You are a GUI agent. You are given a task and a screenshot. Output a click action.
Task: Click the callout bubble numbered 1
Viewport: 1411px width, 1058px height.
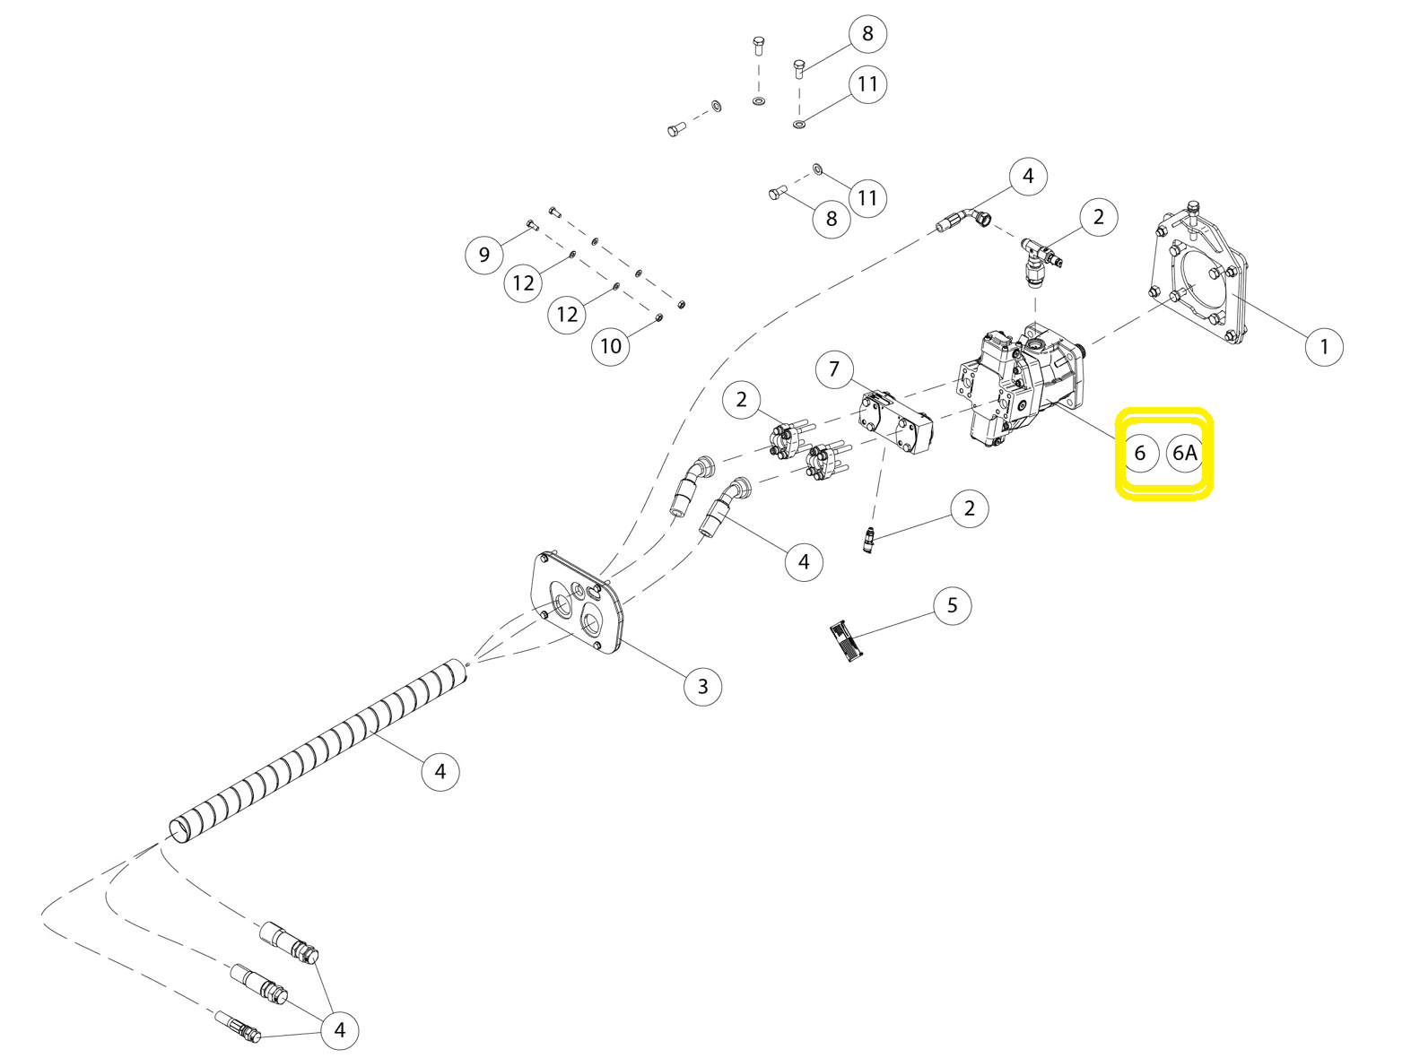pos(1324,347)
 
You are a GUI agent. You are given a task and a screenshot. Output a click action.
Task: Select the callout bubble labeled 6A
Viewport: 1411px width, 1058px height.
pos(1184,453)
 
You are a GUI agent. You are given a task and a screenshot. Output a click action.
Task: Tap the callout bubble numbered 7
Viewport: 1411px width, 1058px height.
pos(833,369)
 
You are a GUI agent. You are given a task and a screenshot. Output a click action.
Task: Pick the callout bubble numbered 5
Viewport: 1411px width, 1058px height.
pos(952,605)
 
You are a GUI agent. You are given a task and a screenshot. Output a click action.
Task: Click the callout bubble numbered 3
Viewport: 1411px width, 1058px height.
pos(702,687)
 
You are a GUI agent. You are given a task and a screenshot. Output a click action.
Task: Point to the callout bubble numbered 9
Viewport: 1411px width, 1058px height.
pos(484,255)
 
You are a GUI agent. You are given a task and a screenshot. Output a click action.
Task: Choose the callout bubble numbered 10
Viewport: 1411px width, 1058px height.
pos(610,346)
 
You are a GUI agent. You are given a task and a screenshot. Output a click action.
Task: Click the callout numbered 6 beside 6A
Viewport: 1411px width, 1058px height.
pos(1140,453)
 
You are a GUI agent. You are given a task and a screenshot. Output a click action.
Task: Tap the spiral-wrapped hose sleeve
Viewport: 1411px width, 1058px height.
pos(318,751)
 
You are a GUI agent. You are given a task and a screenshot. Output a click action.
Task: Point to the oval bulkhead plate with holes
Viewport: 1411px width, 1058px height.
pos(578,602)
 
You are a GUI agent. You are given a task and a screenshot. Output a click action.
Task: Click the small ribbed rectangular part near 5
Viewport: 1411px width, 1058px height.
pos(847,640)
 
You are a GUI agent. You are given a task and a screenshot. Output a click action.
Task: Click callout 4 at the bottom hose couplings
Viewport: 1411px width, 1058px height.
pos(339,1030)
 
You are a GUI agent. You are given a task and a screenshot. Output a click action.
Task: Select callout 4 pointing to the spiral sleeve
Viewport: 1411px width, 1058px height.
pos(440,771)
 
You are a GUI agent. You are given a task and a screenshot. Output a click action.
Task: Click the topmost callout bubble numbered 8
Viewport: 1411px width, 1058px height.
pos(867,33)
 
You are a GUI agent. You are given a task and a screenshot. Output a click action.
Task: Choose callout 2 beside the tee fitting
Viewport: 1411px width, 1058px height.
pos(1099,217)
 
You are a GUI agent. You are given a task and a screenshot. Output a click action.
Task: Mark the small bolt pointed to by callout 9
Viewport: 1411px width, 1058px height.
pos(531,224)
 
